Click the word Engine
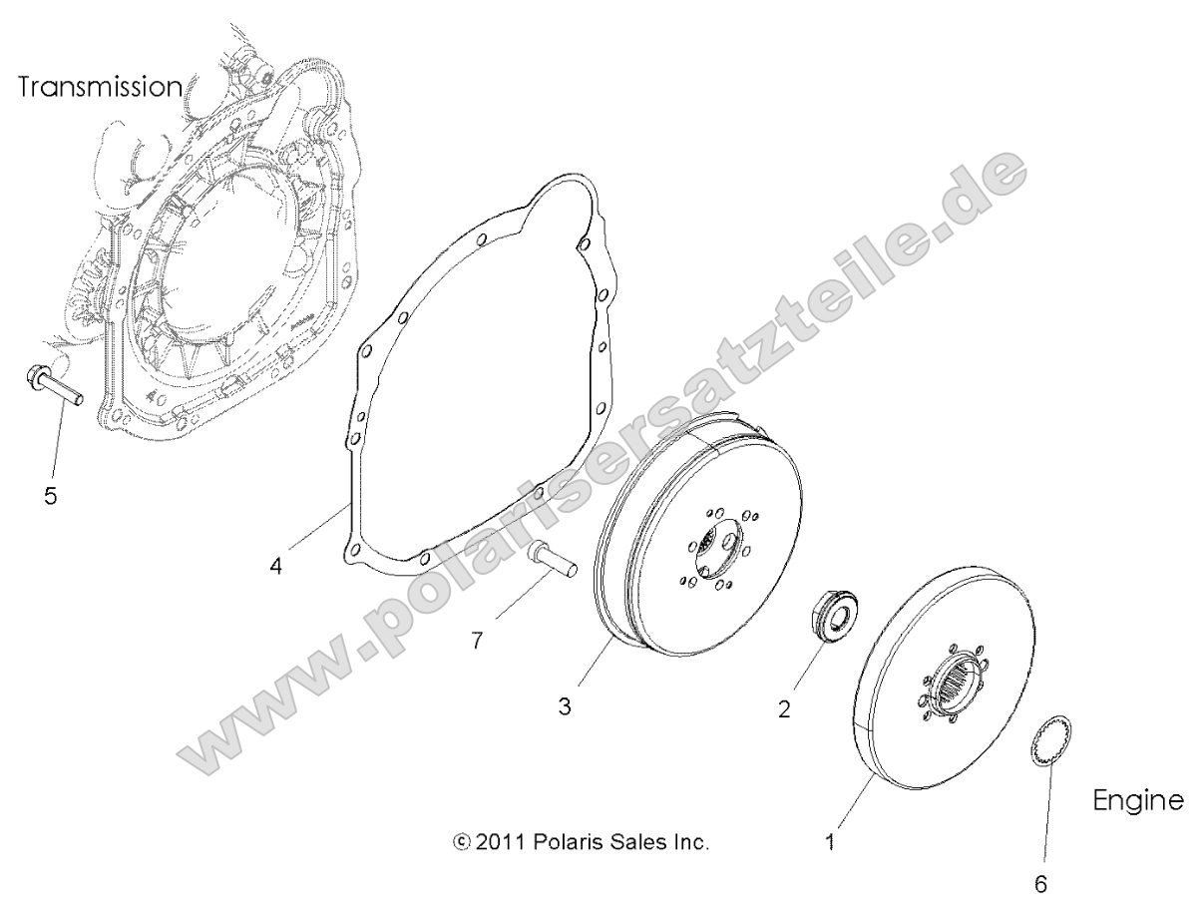point(1138,800)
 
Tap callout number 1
point(830,841)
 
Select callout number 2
point(784,709)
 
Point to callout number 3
point(565,706)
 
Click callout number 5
point(50,495)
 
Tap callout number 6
point(1042,882)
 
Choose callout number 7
point(477,641)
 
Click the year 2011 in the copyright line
point(501,842)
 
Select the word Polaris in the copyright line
point(569,842)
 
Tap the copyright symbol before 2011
point(461,842)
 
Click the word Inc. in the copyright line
point(690,842)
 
